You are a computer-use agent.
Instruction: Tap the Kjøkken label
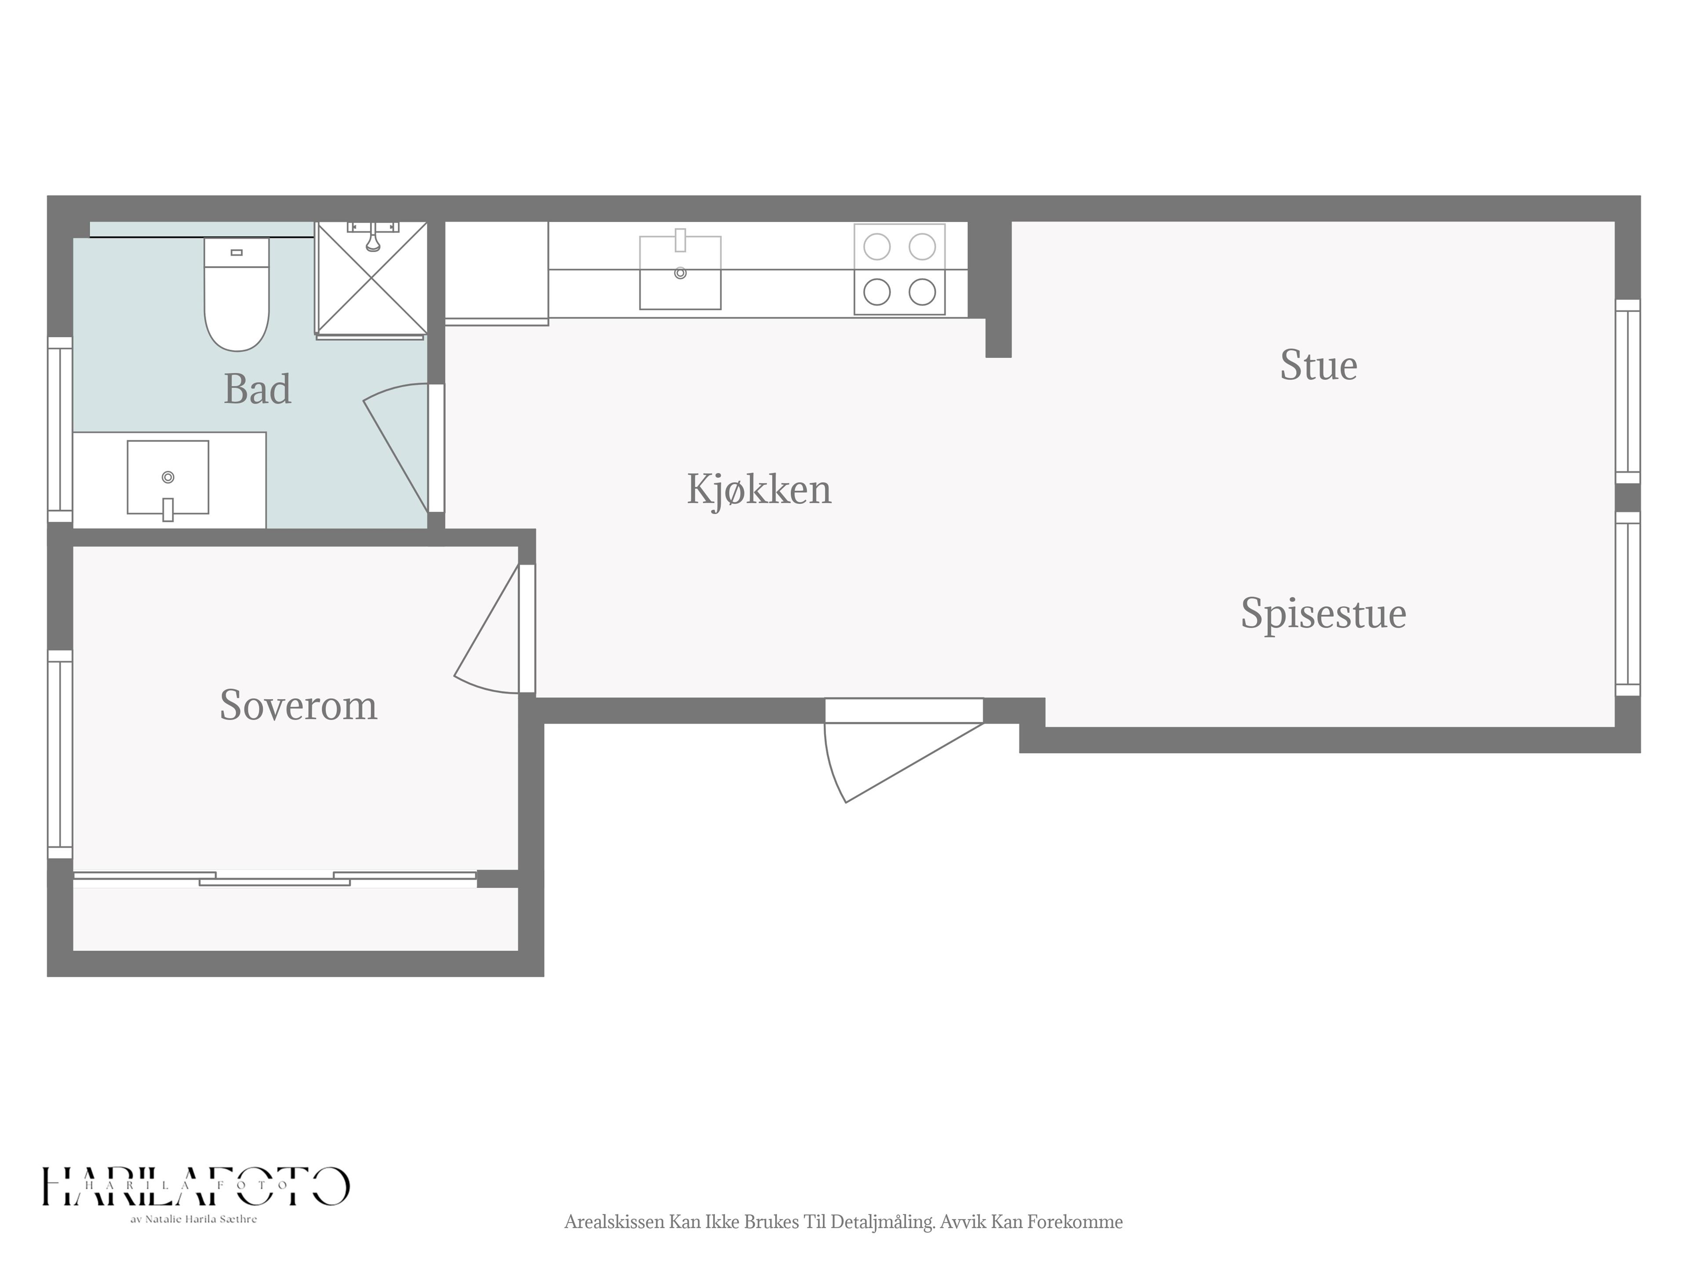tap(759, 489)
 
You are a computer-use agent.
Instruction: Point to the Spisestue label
tap(1323, 614)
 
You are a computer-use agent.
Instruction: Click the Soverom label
tap(298, 705)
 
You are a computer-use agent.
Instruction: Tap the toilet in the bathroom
tap(236, 294)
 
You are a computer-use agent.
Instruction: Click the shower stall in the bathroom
tap(371, 279)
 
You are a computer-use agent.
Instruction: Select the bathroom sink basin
tap(168, 478)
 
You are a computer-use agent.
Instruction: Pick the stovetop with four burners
tap(900, 269)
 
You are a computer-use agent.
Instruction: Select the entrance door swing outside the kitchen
tap(903, 750)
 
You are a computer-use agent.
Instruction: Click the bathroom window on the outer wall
tap(60, 429)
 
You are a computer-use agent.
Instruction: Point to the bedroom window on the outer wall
tap(60, 755)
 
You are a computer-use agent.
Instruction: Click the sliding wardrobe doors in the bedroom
tap(275, 878)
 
